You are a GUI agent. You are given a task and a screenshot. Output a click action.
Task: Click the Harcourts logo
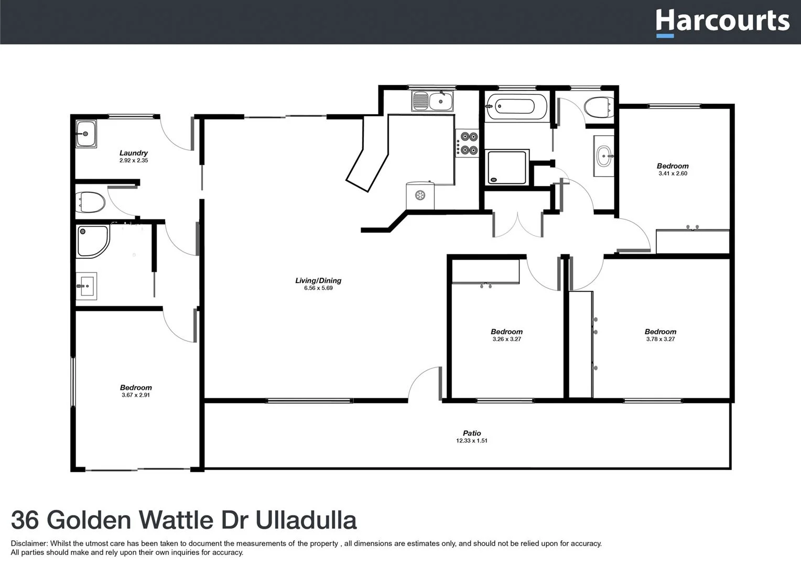coord(722,22)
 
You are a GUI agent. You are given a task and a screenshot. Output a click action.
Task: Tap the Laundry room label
coord(134,153)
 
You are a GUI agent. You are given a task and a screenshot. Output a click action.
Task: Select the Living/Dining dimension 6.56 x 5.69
coord(318,288)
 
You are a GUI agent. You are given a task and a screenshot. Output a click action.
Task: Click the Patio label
coord(472,433)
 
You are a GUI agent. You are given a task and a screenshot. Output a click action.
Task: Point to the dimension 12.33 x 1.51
coord(472,441)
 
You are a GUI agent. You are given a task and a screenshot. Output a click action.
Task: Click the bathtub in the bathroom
coord(516,107)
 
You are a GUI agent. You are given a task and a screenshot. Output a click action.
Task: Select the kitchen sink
coord(432,101)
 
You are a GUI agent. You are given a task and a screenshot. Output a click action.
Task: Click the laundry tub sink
coord(86,134)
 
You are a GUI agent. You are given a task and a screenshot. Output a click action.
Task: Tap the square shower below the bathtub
coord(507,167)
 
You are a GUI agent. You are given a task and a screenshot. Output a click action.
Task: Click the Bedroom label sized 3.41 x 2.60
coord(673,166)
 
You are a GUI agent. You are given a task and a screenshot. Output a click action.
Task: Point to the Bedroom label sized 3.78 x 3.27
coord(661,332)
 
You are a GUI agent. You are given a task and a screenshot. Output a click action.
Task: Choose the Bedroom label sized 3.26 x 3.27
coord(506,332)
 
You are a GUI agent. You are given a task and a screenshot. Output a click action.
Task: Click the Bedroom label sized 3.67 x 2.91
coord(136,388)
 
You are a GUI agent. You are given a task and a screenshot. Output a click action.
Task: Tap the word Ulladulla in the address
coord(306,520)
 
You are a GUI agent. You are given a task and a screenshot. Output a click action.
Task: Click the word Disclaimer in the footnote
coord(29,543)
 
